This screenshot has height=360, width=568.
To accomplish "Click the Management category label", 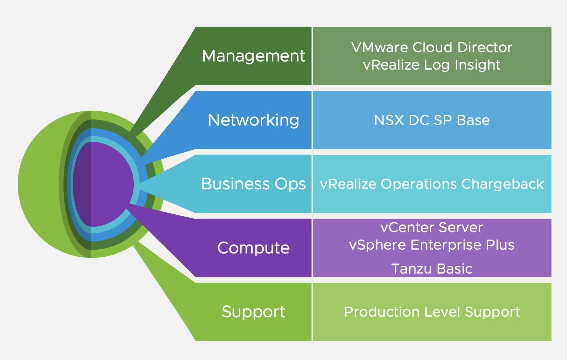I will [x=253, y=56].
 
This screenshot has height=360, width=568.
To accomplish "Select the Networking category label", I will [x=253, y=120].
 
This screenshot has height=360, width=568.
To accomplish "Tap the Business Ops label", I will [x=253, y=184].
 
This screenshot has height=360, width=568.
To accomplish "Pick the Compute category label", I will [x=253, y=248].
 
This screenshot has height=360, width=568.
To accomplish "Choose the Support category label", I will [x=253, y=312].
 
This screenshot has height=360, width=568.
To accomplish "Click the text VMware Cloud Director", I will [x=432, y=48].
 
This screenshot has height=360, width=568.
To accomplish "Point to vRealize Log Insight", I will [x=432, y=65].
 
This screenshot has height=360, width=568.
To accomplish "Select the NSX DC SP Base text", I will [x=432, y=120].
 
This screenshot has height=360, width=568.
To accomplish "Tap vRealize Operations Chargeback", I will [x=432, y=184].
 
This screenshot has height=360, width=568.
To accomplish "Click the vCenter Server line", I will [x=432, y=227].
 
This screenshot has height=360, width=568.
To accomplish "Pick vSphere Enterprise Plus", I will [x=432, y=245].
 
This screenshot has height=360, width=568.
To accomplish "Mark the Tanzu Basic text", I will [x=432, y=269].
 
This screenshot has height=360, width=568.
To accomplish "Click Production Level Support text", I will [x=432, y=312].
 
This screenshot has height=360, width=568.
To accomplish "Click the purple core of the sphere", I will [x=104, y=184].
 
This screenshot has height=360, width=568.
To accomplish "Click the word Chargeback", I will [x=502, y=184].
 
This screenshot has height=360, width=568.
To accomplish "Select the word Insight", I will [x=478, y=65].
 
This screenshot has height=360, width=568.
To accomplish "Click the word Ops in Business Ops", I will [x=290, y=184].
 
